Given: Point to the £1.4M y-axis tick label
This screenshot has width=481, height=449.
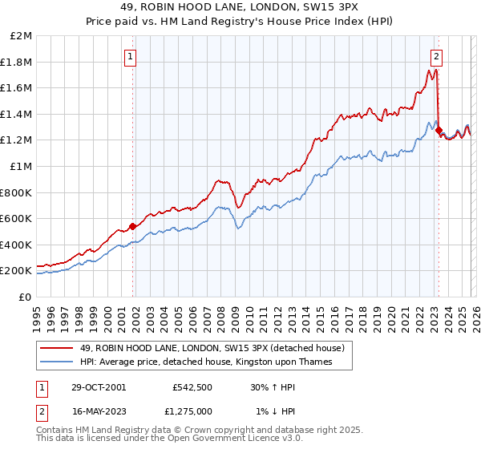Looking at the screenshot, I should click(x=18, y=114).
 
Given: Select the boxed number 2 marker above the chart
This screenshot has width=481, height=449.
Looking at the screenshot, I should click(x=437, y=56).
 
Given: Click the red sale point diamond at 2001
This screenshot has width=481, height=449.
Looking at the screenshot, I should click(x=132, y=226).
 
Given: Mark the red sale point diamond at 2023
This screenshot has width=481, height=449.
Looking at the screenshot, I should click(x=439, y=130).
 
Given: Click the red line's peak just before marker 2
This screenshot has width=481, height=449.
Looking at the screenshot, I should click(x=434, y=69).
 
